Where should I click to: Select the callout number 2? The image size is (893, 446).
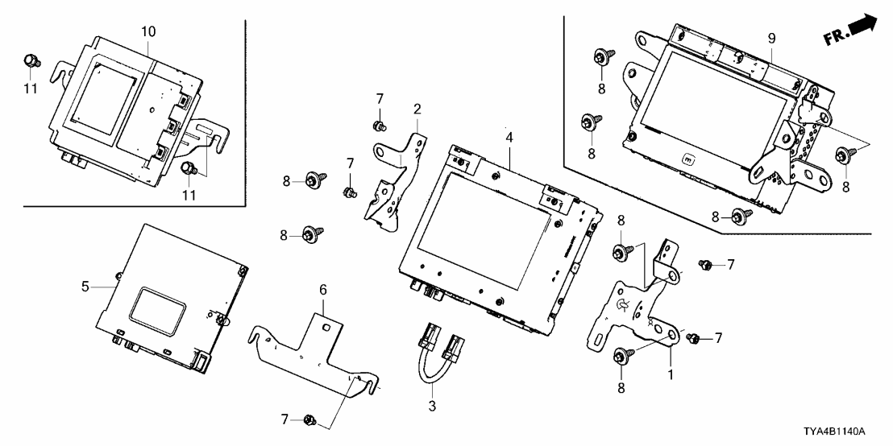click(417, 109)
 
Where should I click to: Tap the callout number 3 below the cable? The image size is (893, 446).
click(432, 407)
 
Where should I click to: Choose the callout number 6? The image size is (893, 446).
click(322, 287)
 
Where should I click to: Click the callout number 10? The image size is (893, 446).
click(149, 31)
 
